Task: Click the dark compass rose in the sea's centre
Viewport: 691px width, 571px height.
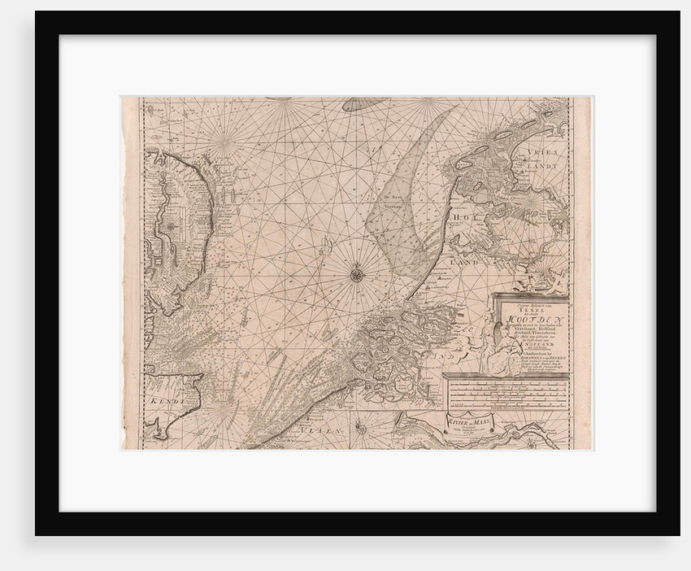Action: [356, 275]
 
